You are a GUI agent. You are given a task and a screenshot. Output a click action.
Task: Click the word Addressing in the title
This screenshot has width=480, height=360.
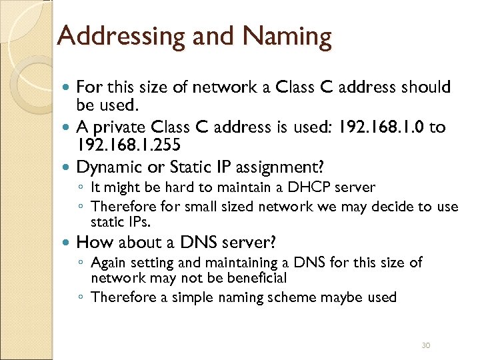point(112,36)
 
